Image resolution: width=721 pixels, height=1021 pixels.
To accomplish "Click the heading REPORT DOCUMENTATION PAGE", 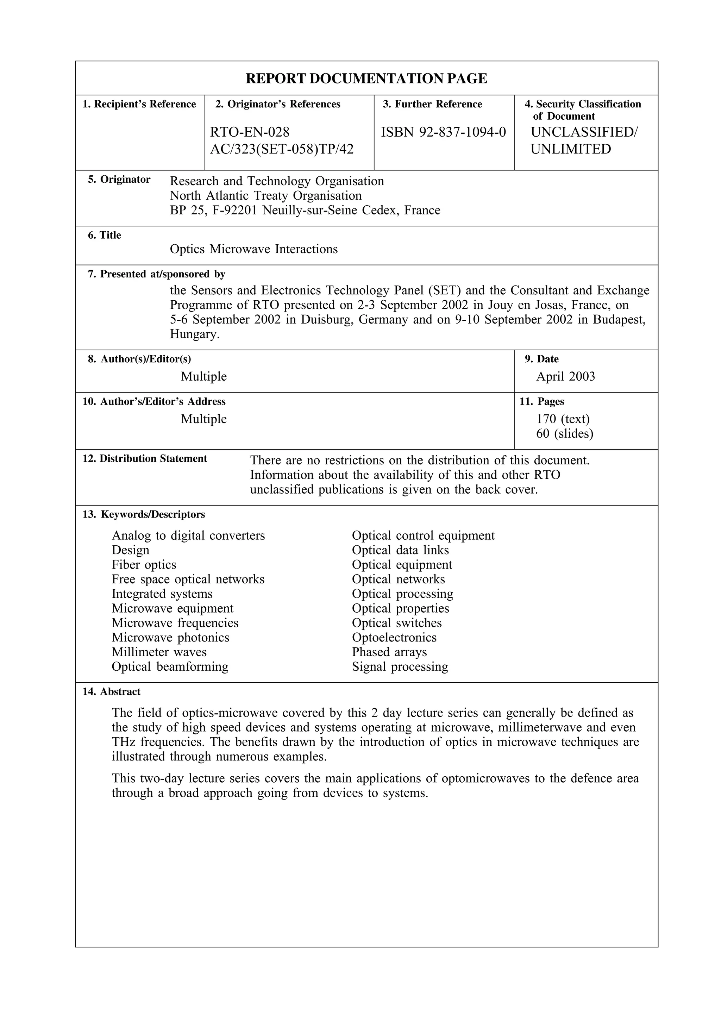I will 366,79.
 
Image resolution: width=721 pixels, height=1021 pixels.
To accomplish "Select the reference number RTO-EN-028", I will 250,132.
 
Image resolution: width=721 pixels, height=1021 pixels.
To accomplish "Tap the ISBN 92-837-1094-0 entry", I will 444,132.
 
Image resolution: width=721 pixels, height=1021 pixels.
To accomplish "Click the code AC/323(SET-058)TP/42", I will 282,149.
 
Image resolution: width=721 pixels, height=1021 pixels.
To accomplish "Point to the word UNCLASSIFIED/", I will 584,132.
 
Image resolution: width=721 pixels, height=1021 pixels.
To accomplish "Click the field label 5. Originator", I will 119,180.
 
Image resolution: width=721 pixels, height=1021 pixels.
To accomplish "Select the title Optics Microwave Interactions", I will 253,249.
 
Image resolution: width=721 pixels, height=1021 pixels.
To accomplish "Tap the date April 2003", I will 565,377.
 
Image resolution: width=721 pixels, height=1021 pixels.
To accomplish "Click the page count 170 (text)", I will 563,419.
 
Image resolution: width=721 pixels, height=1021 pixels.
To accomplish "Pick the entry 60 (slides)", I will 564,433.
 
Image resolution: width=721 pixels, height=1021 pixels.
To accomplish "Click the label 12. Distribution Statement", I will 145,459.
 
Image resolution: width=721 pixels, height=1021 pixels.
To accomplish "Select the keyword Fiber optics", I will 144,565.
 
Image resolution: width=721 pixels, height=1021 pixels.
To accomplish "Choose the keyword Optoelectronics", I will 394,638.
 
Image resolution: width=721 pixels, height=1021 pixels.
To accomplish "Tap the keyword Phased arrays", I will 389,652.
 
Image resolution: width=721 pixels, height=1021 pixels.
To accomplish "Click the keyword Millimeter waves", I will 159,652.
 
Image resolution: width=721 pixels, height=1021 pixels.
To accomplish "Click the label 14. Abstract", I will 111,692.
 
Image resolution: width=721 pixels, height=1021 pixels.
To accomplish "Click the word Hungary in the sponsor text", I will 194,334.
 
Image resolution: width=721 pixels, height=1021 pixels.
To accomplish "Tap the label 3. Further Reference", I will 432,104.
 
